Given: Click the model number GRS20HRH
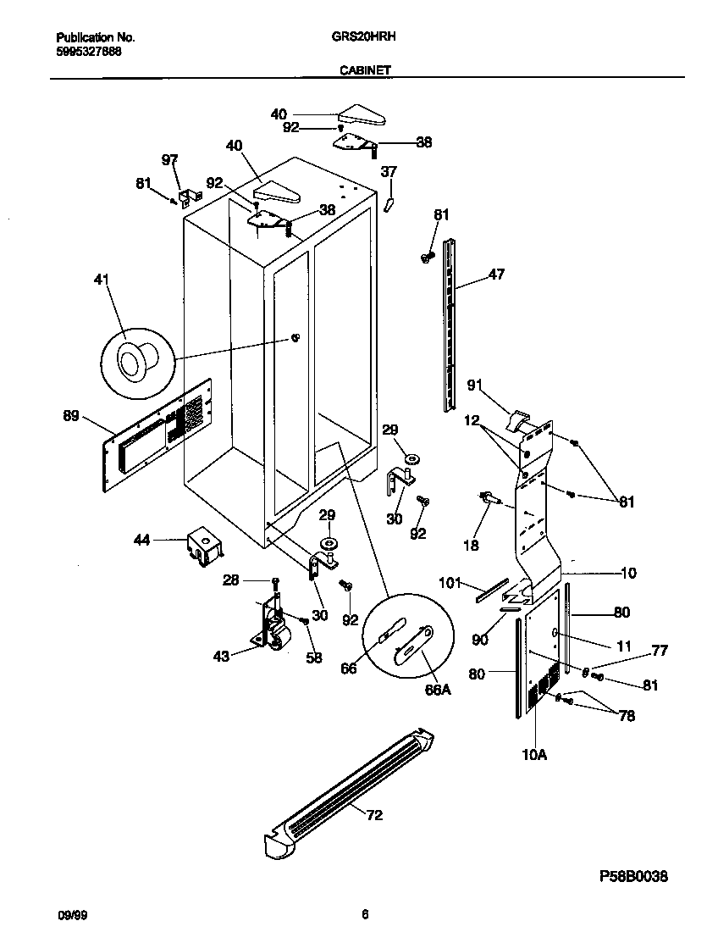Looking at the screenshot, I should pyautogui.click(x=353, y=37).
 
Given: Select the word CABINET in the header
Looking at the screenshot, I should pyautogui.click(x=365, y=71).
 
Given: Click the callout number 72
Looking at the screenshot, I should pyautogui.click(x=373, y=815).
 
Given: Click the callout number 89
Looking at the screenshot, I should pyautogui.click(x=72, y=415).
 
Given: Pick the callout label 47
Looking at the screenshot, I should pyautogui.click(x=496, y=275).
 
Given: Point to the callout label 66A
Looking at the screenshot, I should pyautogui.click(x=436, y=690).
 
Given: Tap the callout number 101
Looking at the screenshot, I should pyautogui.click(x=450, y=582).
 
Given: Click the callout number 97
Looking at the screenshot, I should pyautogui.click(x=170, y=159).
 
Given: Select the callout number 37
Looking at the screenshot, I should pyautogui.click(x=389, y=172).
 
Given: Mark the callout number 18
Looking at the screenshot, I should pyautogui.click(x=471, y=545).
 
